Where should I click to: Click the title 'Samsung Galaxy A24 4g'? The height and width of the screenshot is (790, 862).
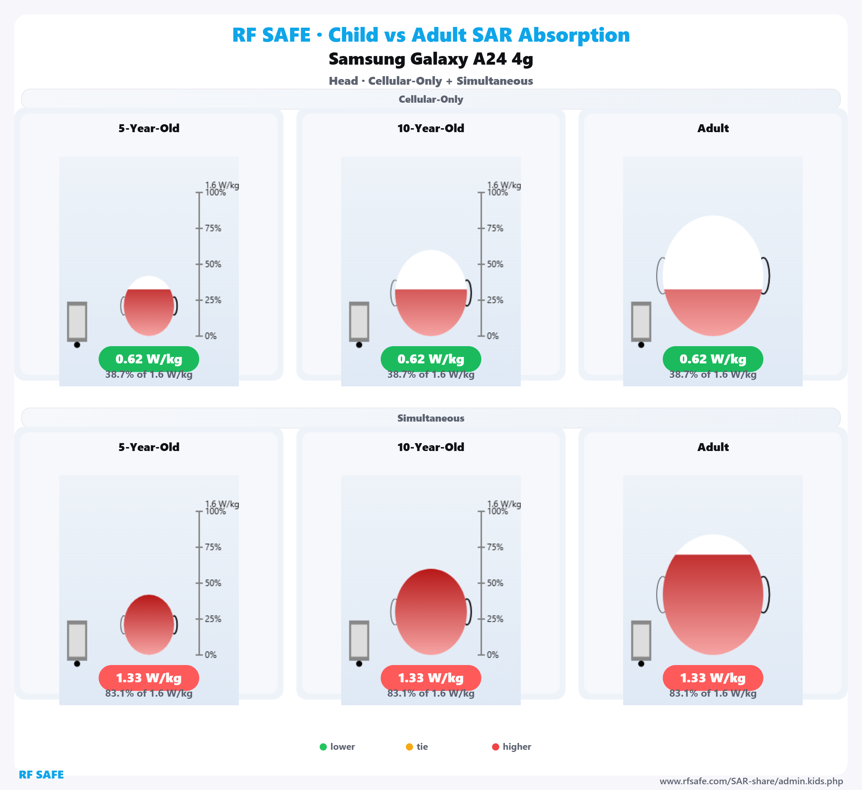coord(431,59)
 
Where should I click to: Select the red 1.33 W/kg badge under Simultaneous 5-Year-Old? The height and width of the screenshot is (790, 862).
coord(149,678)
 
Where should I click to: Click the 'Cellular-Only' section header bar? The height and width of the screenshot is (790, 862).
coord(431,99)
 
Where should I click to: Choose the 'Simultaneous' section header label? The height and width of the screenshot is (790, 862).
coord(431,418)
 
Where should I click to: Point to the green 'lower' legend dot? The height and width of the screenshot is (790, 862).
coord(323,747)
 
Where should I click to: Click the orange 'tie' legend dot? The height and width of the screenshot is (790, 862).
coord(409,747)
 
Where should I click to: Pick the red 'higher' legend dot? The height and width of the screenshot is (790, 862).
coord(496,747)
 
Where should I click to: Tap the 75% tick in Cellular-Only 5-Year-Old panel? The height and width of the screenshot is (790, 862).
coord(199,228)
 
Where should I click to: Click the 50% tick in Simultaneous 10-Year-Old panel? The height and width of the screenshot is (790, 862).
coord(481,583)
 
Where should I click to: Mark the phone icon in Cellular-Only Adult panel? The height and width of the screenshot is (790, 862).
coord(641,322)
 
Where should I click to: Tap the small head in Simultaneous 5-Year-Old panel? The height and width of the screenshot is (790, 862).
coord(149,624)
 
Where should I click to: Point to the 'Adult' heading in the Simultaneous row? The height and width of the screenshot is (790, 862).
coord(713,447)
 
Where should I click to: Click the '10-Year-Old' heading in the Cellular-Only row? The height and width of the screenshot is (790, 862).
coord(431,128)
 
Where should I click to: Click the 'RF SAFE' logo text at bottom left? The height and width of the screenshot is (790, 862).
coord(41,775)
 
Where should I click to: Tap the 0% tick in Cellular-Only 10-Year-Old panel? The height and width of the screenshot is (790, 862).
coord(481,336)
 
